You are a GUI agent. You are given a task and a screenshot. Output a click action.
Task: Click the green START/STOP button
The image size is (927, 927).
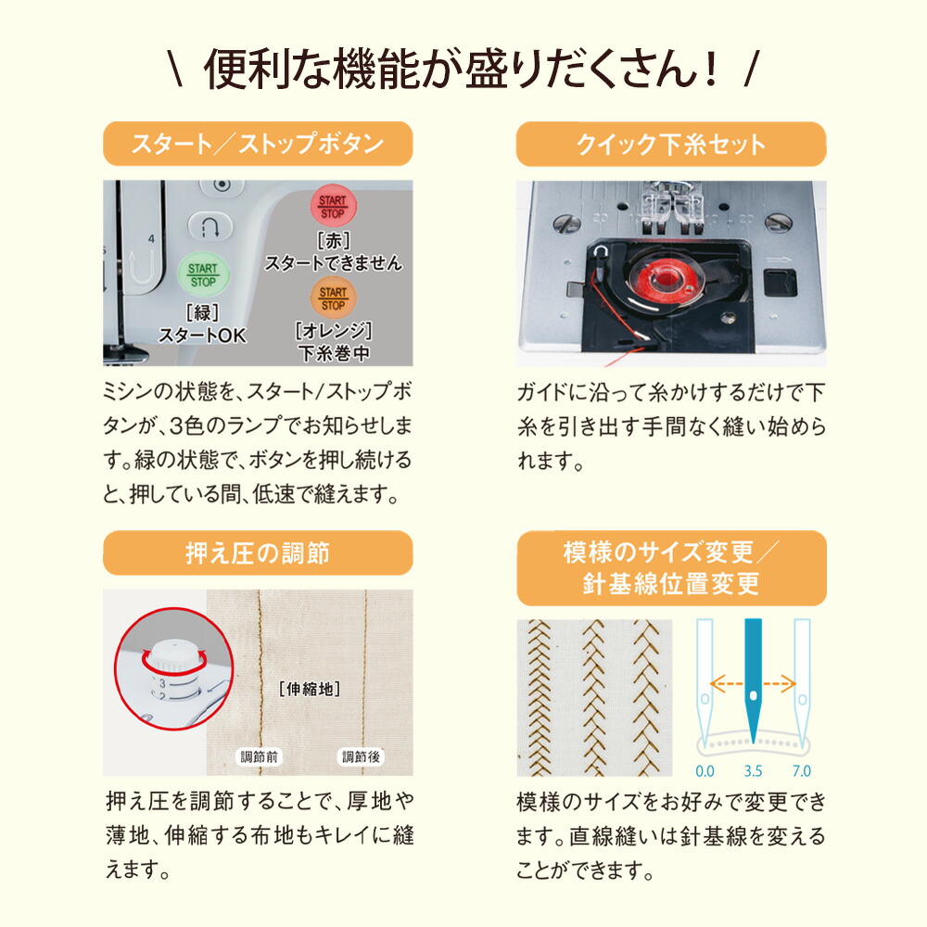(x=202, y=274)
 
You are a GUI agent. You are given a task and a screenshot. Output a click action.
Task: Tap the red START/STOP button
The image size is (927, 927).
(x=332, y=207)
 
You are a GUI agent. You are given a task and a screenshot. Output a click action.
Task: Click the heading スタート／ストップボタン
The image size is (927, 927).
(x=257, y=145)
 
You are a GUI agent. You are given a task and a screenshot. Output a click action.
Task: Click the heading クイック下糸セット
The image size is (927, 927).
(x=670, y=145)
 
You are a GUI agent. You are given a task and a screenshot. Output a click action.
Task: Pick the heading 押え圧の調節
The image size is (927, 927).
(x=257, y=553)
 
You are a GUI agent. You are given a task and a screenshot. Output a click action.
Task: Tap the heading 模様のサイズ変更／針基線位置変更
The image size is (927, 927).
(x=670, y=567)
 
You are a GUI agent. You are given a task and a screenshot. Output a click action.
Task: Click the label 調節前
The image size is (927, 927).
(x=260, y=756)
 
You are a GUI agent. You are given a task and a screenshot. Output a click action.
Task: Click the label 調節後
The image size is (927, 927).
(x=360, y=756)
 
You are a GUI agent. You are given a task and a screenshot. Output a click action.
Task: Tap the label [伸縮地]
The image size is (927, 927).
(x=309, y=689)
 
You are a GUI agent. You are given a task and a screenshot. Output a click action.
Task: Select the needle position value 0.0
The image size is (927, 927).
(x=705, y=770)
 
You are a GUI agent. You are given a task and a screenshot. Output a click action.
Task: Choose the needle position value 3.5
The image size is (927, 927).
(x=753, y=770)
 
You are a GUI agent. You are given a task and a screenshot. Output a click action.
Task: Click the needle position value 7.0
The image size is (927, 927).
(x=801, y=770)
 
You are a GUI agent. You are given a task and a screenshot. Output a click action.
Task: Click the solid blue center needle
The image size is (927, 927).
(x=753, y=677)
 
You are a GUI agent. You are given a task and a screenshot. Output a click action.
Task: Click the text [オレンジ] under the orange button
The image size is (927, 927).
(x=333, y=331)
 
